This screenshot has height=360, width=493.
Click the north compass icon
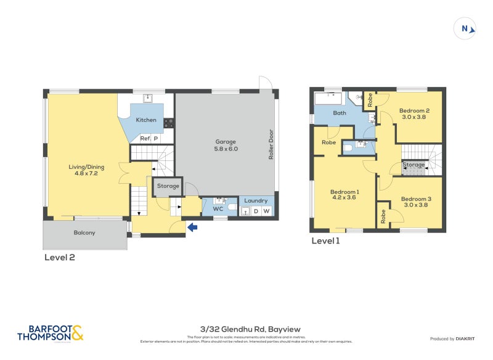coord(466,28)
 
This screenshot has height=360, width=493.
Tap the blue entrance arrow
coord(192,228)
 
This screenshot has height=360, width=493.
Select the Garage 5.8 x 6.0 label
coord(226,145)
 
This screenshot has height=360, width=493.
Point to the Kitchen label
coord(146,120)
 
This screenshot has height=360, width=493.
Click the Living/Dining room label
coord(86,170)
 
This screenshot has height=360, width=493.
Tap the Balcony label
coord(84,232)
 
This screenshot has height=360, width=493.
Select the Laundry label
coord(256,201)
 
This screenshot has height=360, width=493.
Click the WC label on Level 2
coord(218,209)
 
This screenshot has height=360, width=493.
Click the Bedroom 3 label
coord(416,202)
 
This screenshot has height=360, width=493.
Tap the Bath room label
coord(340,113)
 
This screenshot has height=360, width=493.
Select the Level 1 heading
coord(326,241)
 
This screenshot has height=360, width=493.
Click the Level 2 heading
coord(60,257)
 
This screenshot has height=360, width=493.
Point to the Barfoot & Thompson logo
coord(50,333)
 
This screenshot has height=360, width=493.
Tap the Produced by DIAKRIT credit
coord(452,339)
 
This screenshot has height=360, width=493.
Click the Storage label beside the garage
coord(168,186)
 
